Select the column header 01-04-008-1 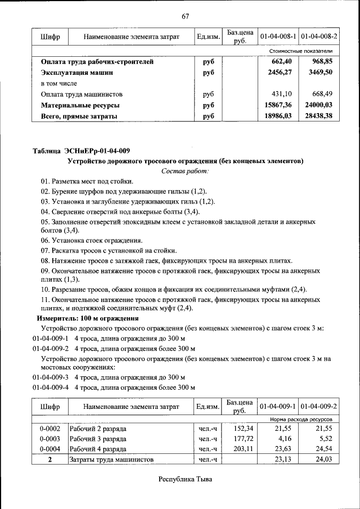pyautogui.click(x=278, y=37)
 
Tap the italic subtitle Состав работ pyautogui.click(x=185, y=170)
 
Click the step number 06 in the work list pyautogui.click(x=46, y=240)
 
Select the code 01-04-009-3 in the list pyautogui.click(x=51, y=376)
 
